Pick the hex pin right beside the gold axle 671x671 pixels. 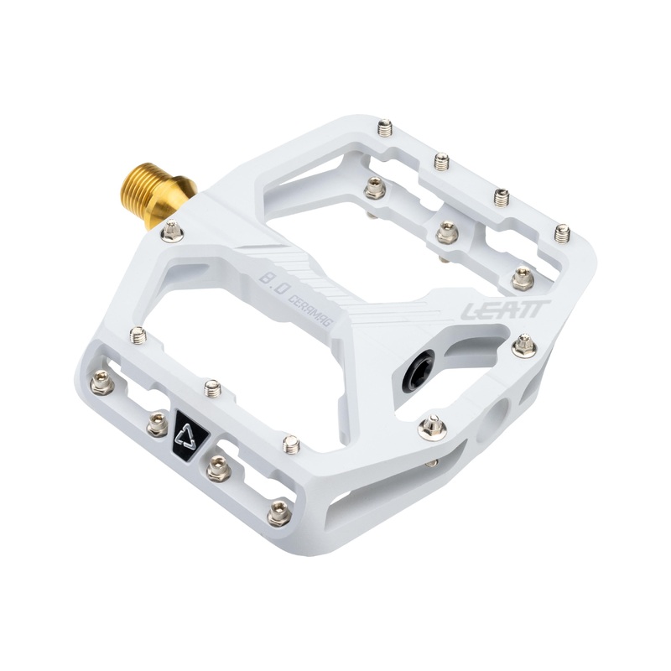(x=172, y=231)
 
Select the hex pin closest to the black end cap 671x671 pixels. (x=432, y=428)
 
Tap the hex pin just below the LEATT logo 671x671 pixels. (x=523, y=345)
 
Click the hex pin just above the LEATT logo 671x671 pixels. (x=523, y=277)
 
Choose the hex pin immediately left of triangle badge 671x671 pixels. (x=158, y=424)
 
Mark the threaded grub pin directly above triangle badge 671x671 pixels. (x=213, y=388)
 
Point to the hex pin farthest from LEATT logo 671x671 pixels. (x=101, y=383)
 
